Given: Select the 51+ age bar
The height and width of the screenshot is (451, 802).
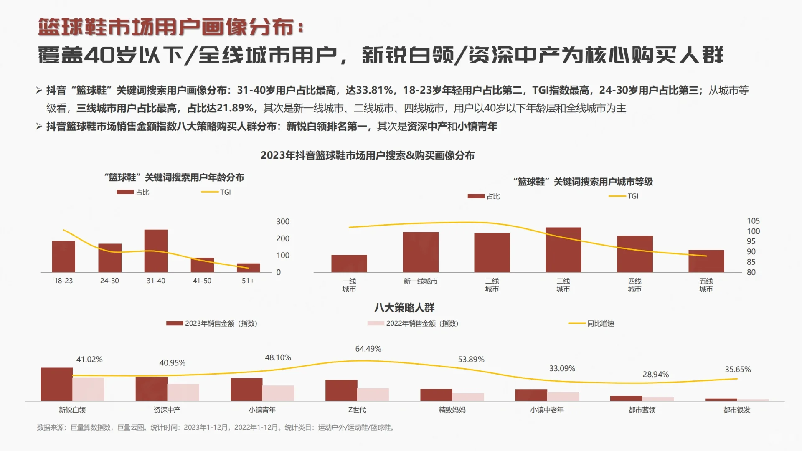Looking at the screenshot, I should tap(248, 268).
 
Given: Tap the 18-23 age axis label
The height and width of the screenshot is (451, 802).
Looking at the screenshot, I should tap(63, 281).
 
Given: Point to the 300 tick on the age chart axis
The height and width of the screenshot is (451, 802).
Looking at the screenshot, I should tap(283, 222).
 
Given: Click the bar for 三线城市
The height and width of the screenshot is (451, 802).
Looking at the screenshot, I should tap(563, 250).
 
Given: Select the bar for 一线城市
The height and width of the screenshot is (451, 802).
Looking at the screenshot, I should tap(349, 264).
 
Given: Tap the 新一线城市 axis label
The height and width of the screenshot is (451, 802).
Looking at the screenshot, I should tap(420, 281).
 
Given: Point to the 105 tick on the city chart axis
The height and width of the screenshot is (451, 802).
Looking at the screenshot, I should tap(753, 221).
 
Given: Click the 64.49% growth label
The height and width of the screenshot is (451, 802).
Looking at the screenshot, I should tap(368, 349).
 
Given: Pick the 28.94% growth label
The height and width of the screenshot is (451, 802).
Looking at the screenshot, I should tap(655, 375).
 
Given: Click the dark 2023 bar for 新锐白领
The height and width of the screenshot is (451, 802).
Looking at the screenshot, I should tap(56, 384).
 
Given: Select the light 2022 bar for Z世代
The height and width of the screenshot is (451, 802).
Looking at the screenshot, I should tap(373, 395).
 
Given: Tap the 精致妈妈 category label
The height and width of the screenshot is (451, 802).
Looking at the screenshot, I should tap(452, 410).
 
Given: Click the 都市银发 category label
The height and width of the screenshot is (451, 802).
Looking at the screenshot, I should tap(737, 410).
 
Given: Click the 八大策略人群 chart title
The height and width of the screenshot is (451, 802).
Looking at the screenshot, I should tap(404, 308).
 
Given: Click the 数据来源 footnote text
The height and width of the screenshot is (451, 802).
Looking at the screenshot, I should tap(216, 428).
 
